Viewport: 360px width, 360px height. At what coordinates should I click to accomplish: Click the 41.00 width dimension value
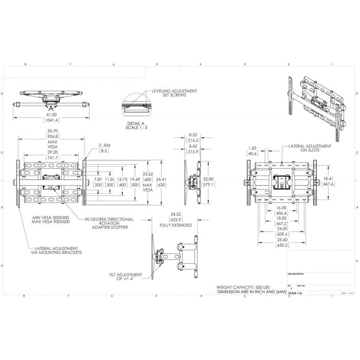pyautogui.click(x=50, y=115)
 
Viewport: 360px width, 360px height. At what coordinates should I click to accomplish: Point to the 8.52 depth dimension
pyautogui.click(x=193, y=135)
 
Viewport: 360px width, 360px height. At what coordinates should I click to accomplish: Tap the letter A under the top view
pyautogui.click(x=50, y=109)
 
